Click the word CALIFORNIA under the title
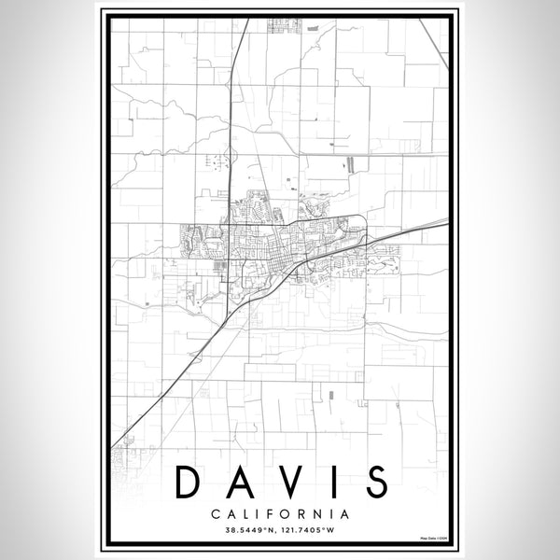click(x=280, y=513)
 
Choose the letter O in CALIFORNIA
click(x=287, y=513)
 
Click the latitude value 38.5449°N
click(x=247, y=531)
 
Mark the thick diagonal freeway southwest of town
click(x=173, y=373)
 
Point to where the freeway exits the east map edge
click(x=446, y=221)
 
